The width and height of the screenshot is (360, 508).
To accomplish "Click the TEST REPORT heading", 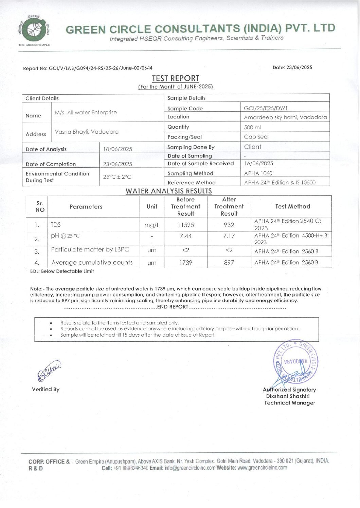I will pos(175,78).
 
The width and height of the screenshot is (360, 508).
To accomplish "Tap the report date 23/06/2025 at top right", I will pos(299,67).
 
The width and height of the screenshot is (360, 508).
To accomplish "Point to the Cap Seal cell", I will pos(256,137).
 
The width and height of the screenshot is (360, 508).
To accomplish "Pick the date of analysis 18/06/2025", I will pos(118,149).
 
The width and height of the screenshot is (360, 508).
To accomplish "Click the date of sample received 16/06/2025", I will pos(258,163).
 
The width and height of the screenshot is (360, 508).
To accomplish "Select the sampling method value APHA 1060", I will pos(258,173).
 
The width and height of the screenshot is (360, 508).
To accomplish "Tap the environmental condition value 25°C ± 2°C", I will pos(117,177).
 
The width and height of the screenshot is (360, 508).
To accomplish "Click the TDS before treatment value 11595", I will pos(186,225).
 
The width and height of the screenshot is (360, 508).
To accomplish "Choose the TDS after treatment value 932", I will pos(229,225).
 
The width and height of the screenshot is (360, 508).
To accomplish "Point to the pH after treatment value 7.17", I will pos(229,236).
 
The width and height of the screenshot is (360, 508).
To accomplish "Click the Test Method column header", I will pos(292,206).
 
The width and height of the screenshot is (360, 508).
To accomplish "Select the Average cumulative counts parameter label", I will pos(92,262).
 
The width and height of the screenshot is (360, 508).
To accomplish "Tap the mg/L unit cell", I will pos(152,225).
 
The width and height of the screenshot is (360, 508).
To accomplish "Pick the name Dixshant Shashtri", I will pos(288,396).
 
